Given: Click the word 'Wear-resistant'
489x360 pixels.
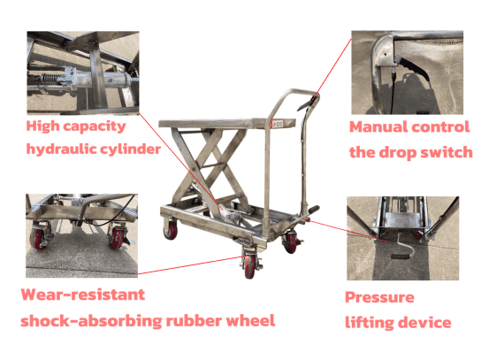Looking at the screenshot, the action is pos(83,295).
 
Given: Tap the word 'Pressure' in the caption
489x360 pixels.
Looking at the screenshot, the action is pos(379,297).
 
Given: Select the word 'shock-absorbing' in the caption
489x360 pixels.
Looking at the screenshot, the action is pos(91,321).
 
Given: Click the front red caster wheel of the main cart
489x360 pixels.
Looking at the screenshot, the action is pos(249,267).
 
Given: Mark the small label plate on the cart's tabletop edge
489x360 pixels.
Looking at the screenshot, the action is pos(278,124).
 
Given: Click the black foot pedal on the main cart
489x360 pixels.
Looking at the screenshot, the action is pos(312,210).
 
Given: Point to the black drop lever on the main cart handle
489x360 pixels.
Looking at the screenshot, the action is pos(307,104).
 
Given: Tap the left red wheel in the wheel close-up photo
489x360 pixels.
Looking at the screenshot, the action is pos(38,239).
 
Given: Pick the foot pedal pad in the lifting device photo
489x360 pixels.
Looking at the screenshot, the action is pos(401,257).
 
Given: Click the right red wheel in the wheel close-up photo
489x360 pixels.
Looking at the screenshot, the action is pos(118,239).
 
